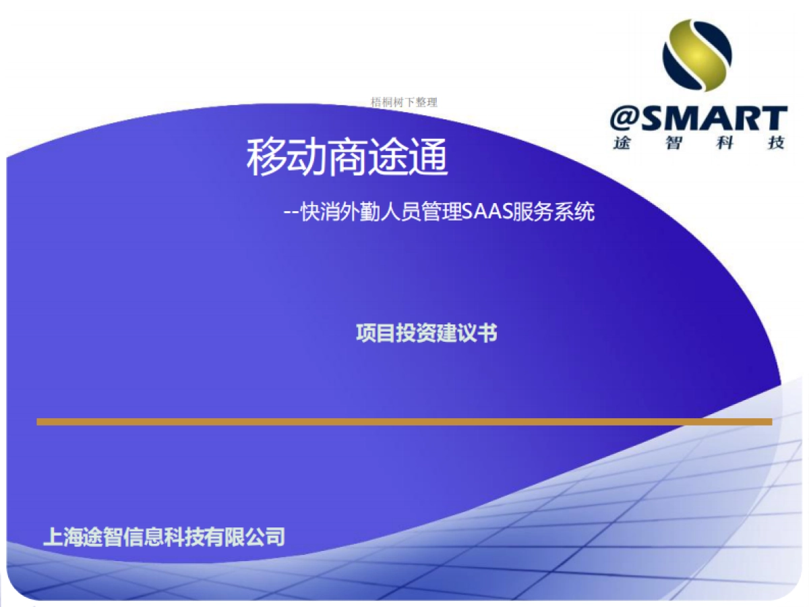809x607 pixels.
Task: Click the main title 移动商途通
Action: (347, 158)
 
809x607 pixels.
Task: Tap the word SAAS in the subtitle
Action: (488, 212)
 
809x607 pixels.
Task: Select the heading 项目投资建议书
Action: (426, 333)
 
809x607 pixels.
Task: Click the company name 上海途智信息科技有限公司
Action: (164, 537)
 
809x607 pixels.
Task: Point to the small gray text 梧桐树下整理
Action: (404, 103)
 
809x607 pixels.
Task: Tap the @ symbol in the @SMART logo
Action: (626, 119)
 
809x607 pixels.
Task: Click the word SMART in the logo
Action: (715, 119)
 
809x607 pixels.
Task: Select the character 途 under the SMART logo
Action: (622, 143)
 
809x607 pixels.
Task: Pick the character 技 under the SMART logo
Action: (777, 143)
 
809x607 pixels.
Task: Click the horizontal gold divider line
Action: (404, 422)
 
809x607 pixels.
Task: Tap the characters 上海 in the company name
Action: (63, 537)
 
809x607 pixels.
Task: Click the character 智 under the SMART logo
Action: (673, 143)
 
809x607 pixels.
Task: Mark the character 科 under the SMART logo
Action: (725, 143)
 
